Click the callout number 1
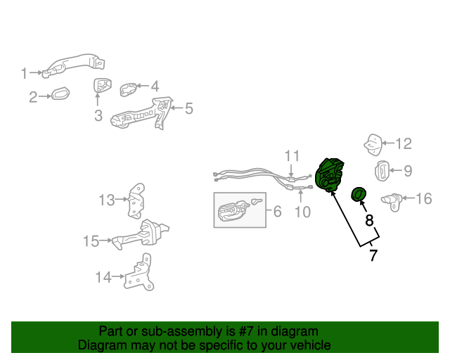(24, 73)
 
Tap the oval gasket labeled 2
(60, 94)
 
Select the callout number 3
(98, 115)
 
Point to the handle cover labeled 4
(128, 89)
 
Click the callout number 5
(189, 108)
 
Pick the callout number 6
(278, 212)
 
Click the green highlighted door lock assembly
(329, 174)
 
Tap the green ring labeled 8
(359, 194)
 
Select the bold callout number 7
(373, 255)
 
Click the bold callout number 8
(369, 220)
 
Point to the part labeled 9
(382, 171)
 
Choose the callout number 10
(303, 212)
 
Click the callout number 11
(292, 156)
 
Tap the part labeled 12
(373, 145)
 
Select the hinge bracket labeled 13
(136, 200)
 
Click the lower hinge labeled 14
(137, 273)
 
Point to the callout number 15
(91, 241)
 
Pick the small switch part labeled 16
(392, 202)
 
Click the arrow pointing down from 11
(291, 170)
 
